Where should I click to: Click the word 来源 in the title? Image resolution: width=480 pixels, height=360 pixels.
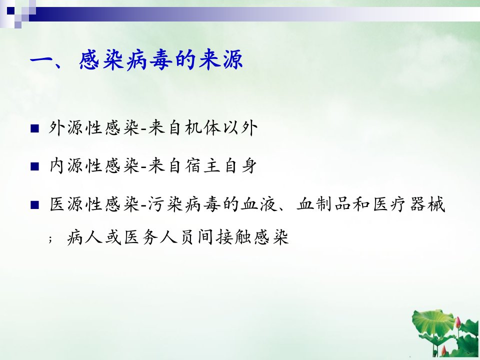pyautogui.click(x=220, y=60)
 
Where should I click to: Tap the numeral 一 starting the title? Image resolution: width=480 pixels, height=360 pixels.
pyautogui.click(x=41, y=59)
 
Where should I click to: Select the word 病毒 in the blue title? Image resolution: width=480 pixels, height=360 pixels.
pyautogui.click(x=149, y=60)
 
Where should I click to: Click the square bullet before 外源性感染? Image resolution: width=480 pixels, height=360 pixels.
pyautogui.click(x=35, y=128)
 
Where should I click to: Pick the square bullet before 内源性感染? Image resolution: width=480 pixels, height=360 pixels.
pyautogui.click(x=35, y=166)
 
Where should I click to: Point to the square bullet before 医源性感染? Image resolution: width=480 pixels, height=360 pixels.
pyautogui.click(x=35, y=205)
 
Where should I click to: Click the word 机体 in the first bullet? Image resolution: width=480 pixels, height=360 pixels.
pyautogui.click(x=202, y=128)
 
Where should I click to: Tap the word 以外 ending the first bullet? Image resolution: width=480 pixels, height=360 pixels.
pyautogui.click(x=240, y=128)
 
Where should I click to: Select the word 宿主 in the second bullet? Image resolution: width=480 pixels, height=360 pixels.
pyautogui.click(x=202, y=166)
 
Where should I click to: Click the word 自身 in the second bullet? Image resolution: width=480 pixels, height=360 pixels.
pyautogui.click(x=240, y=166)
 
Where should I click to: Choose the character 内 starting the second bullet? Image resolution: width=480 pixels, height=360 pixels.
pyautogui.click(x=56, y=166)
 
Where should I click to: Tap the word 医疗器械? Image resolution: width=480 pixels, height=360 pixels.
pyautogui.click(x=408, y=204)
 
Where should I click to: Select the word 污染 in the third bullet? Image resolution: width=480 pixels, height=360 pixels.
pyautogui.click(x=165, y=204)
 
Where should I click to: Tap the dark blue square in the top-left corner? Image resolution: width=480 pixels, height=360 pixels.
pyautogui.click(x=10, y=11)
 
